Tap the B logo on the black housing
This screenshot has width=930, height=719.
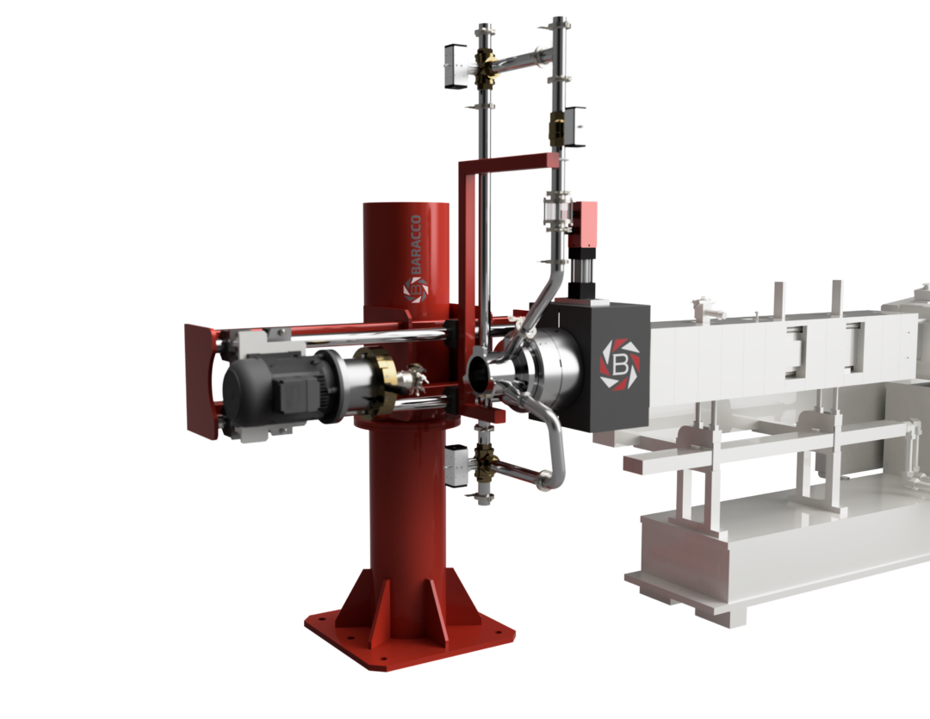tap(620, 364)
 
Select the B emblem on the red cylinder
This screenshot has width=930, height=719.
tap(416, 289)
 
